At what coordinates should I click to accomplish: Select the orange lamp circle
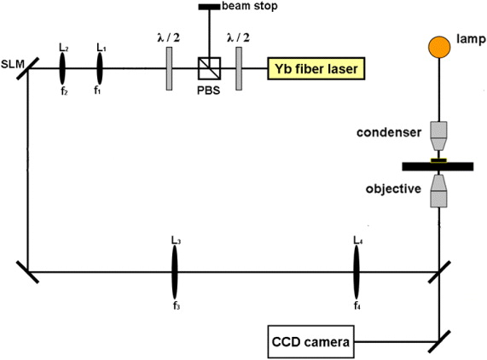(x=439, y=47)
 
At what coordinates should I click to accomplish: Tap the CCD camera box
(x=310, y=342)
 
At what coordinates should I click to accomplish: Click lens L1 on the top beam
(x=101, y=67)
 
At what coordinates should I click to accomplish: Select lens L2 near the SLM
(x=64, y=67)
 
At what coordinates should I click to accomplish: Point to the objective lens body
(x=438, y=189)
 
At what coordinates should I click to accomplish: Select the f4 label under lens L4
(x=359, y=305)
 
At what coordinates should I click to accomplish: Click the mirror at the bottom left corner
(x=28, y=272)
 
